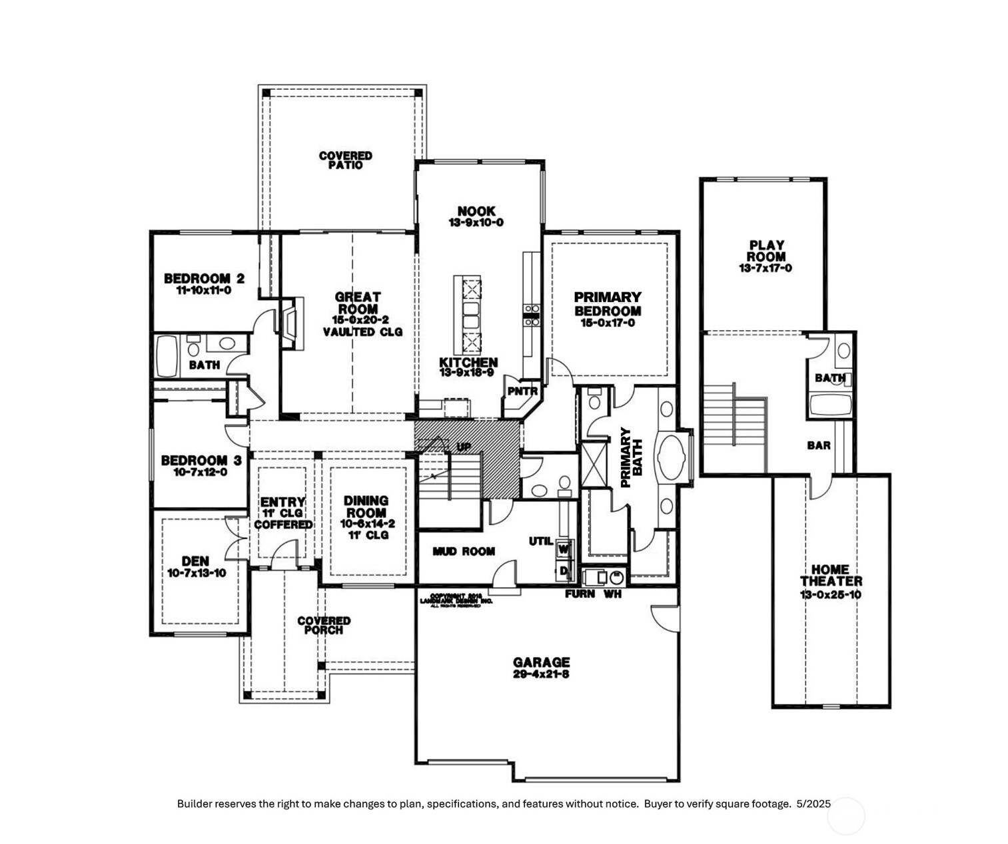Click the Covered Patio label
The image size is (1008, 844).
tap(345, 160)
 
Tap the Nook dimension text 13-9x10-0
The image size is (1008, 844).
tap(476, 222)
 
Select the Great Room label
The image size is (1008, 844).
tap(358, 303)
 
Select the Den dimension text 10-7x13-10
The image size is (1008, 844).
tap(196, 573)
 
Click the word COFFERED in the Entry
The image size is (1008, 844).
tap(283, 525)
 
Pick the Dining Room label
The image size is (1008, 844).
tap(366, 507)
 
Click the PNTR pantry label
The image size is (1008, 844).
tap(522, 391)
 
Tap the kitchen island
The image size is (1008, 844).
tap(468, 315)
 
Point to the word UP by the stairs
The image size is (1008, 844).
tap(464, 446)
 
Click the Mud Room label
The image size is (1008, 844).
tap(464, 551)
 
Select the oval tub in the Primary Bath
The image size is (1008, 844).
tap(667, 457)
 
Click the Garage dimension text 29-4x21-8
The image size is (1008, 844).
tap(541, 674)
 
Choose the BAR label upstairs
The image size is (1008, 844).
tap(819, 445)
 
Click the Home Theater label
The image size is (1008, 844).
tap(831, 575)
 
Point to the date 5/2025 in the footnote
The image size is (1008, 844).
tap(813, 803)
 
